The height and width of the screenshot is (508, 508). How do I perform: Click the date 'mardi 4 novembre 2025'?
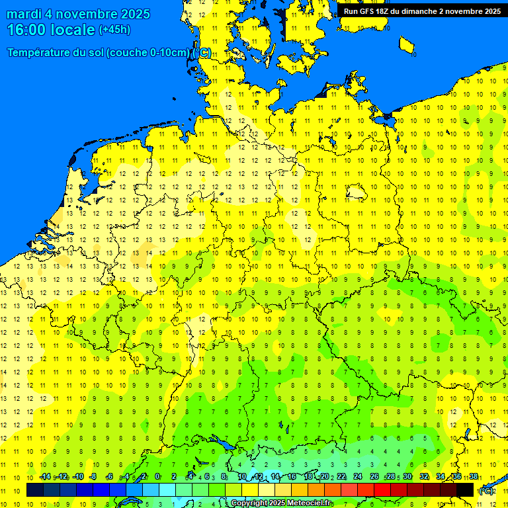[78, 14]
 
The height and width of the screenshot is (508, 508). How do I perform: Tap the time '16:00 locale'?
[51, 30]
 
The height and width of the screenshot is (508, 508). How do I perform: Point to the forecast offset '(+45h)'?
[114, 30]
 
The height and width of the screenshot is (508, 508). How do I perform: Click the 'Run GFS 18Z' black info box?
[421, 11]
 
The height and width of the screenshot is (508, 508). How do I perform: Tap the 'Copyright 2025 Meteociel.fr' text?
[281, 503]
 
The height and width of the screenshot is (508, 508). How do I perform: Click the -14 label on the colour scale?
[45, 477]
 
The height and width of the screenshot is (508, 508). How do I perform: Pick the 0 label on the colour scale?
[157, 477]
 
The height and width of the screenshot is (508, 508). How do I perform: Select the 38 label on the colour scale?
[474, 477]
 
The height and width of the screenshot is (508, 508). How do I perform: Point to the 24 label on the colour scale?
[357, 477]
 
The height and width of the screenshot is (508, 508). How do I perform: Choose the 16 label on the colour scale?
[291, 477]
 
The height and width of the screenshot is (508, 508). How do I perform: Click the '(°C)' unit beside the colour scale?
[486, 491]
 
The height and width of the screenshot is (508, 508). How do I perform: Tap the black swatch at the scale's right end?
[465, 490]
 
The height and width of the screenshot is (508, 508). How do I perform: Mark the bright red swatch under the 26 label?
[382, 490]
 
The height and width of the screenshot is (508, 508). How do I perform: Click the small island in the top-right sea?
[407, 45]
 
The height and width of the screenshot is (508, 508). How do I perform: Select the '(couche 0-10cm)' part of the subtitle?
[148, 53]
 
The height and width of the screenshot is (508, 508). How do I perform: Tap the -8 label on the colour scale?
[93, 477]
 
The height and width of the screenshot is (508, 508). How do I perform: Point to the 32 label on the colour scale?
[424, 477]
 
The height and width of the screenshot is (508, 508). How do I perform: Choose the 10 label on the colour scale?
[241, 477]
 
